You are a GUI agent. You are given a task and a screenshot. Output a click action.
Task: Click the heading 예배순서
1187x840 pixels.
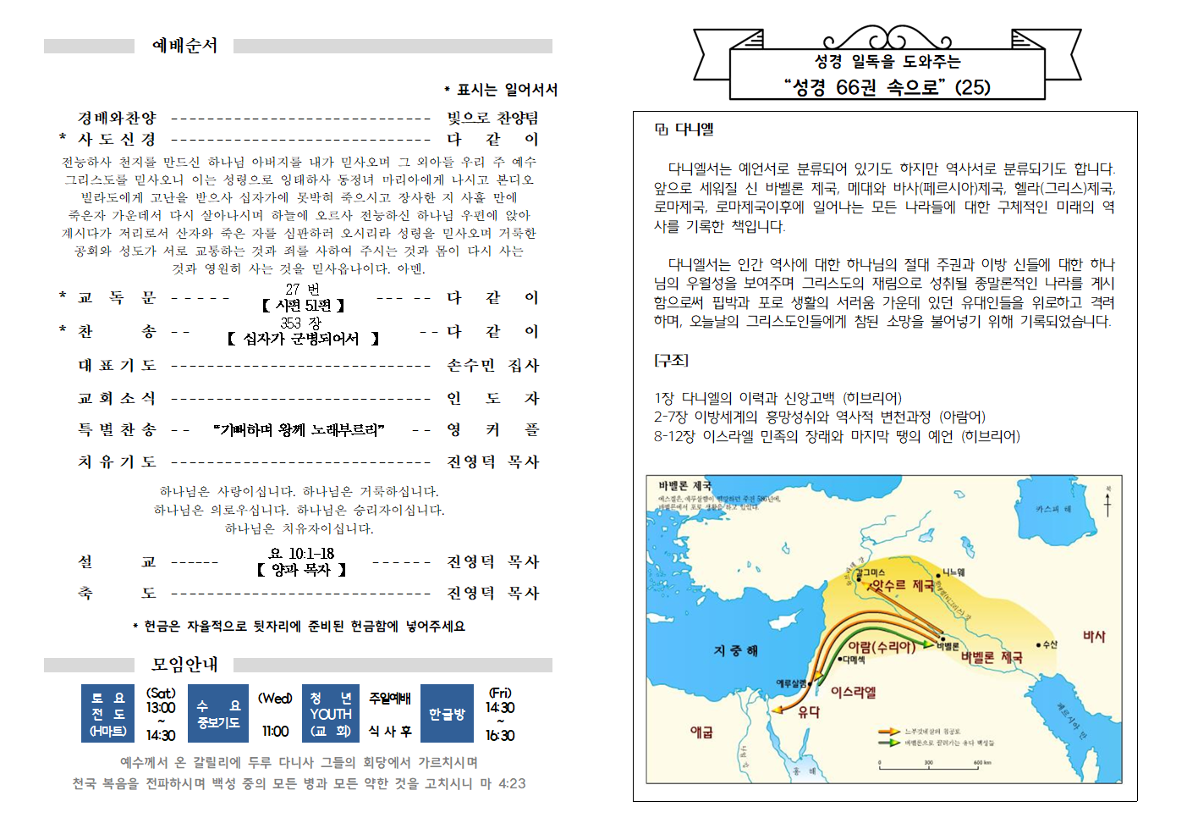[x=184, y=46]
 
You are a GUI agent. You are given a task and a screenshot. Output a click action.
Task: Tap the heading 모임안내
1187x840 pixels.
[x=184, y=665]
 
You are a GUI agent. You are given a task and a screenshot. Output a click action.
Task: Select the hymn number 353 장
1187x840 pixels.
[x=301, y=323]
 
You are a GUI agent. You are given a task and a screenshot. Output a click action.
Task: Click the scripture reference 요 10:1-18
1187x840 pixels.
[x=302, y=553]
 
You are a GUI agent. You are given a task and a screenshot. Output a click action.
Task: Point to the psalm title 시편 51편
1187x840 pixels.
[x=303, y=305]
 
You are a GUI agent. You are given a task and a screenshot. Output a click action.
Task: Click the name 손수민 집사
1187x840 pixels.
[x=492, y=365]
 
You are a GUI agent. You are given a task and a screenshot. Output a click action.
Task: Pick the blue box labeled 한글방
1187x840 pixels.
[x=447, y=714]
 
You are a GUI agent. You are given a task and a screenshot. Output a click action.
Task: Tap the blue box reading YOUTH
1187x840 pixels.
[x=330, y=714]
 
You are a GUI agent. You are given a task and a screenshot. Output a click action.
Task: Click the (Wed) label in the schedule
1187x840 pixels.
[x=275, y=699]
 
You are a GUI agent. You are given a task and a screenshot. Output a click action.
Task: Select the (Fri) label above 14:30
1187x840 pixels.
[x=500, y=693]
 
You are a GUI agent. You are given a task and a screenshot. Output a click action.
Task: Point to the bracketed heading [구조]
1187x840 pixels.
[x=671, y=360]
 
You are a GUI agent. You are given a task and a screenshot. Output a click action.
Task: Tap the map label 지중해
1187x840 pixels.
[x=735, y=650]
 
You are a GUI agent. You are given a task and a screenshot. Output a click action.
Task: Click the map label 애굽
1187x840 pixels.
[x=701, y=732]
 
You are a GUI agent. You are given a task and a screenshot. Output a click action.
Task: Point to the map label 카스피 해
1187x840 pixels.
[x=1052, y=509]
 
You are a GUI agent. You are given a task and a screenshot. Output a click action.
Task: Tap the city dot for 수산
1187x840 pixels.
[x=1038, y=645]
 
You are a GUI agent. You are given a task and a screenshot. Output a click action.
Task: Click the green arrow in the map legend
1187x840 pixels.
[x=888, y=743]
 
